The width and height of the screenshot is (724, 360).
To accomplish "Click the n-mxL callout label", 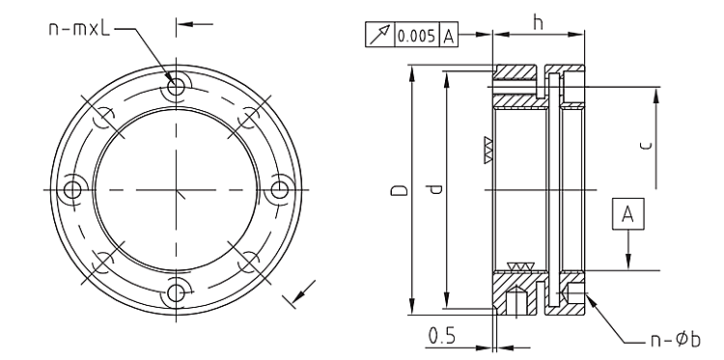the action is coord(79,29).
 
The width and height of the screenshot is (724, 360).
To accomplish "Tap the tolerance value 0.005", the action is coord(416,36).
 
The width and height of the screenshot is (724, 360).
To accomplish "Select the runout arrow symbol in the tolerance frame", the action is coord(379,35).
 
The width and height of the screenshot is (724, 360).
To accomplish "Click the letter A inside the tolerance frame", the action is coord(448,36).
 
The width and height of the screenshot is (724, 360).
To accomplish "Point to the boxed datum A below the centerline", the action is coord(627,213).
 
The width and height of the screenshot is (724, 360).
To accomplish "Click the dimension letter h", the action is coord(538,21).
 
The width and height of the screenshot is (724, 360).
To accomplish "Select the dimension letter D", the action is coord(400,190).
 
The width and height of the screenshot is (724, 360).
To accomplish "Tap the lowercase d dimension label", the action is coord(435,189).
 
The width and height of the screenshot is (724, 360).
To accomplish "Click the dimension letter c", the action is coord(648,146).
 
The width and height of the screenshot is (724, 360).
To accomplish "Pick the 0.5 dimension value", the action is coord(441,336).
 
